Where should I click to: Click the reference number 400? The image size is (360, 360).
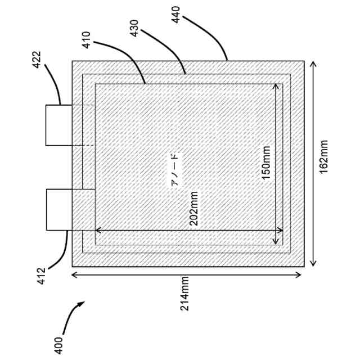59,344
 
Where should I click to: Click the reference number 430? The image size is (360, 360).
134,29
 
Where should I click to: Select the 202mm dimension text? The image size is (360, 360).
193,209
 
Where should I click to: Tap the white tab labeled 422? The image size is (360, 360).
59,125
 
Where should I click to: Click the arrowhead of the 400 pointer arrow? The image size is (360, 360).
82,304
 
